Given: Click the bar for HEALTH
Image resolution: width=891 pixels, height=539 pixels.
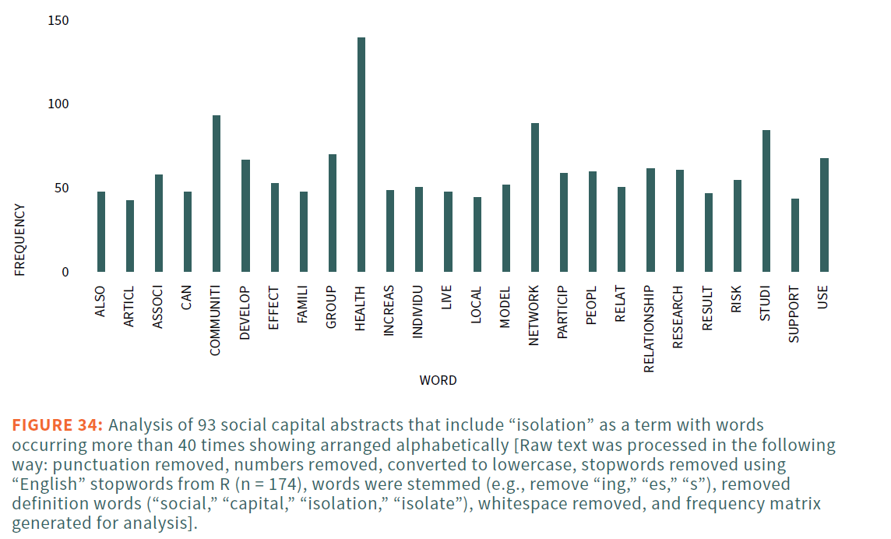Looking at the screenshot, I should pyautogui.click(x=361, y=155).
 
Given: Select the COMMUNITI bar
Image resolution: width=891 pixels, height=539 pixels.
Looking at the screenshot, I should pyautogui.click(x=217, y=194).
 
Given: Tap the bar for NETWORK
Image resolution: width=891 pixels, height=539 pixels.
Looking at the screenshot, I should pyautogui.click(x=535, y=198).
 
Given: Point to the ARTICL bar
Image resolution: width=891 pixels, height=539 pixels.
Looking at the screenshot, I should pyautogui.click(x=130, y=236).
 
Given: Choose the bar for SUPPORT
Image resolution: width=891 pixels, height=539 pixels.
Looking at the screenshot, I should pyautogui.click(x=795, y=235).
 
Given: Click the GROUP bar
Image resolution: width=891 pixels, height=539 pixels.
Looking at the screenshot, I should pyautogui.click(x=333, y=213).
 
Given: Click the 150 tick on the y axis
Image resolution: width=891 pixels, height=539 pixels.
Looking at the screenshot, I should pyautogui.click(x=58, y=20).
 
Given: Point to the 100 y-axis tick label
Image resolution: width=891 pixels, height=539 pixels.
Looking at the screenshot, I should pyautogui.click(x=58, y=104).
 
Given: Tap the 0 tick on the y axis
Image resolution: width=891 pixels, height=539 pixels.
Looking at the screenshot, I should pyautogui.click(x=65, y=273).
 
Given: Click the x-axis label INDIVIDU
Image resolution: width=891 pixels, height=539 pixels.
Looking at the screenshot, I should pyautogui.click(x=418, y=312).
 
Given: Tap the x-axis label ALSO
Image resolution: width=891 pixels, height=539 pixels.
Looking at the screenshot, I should pyautogui.click(x=100, y=302).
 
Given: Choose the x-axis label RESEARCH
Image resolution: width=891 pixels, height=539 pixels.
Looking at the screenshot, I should pyautogui.click(x=678, y=317).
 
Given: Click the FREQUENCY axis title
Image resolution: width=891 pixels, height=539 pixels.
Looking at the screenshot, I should pyautogui.click(x=20, y=239).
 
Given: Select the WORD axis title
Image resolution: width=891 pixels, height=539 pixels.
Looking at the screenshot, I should pyautogui.click(x=438, y=381).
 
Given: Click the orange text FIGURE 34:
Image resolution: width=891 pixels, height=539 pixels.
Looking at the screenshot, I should pyautogui.click(x=57, y=425).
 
